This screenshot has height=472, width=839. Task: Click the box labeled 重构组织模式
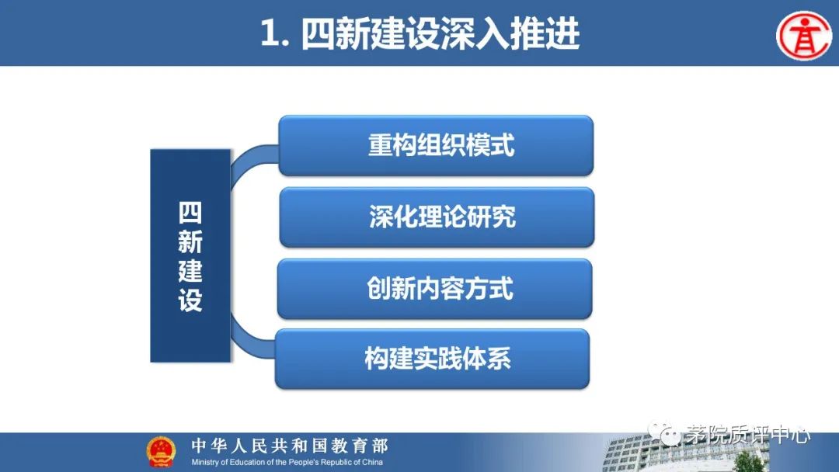point(436,145)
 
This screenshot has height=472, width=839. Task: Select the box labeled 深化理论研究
point(437,217)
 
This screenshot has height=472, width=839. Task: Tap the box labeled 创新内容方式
point(434,289)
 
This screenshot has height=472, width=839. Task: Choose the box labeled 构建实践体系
point(433,359)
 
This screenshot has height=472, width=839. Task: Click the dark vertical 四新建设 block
point(190,255)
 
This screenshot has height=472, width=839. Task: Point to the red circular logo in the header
point(804,35)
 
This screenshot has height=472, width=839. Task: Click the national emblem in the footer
point(161,452)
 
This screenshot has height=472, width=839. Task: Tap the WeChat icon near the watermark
point(663,433)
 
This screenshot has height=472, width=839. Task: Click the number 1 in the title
point(270,34)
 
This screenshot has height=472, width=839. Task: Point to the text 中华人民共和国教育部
point(290,446)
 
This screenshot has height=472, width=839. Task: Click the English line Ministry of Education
point(287,463)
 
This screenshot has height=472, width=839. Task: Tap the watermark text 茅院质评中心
point(747,435)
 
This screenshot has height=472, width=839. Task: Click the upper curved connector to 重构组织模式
point(249,161)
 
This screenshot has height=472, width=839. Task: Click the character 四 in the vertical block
point(190,213)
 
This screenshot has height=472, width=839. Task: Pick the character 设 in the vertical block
point(190,300)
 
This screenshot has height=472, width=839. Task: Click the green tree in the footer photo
point(748,461)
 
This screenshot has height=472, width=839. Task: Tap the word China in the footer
point(372,463)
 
